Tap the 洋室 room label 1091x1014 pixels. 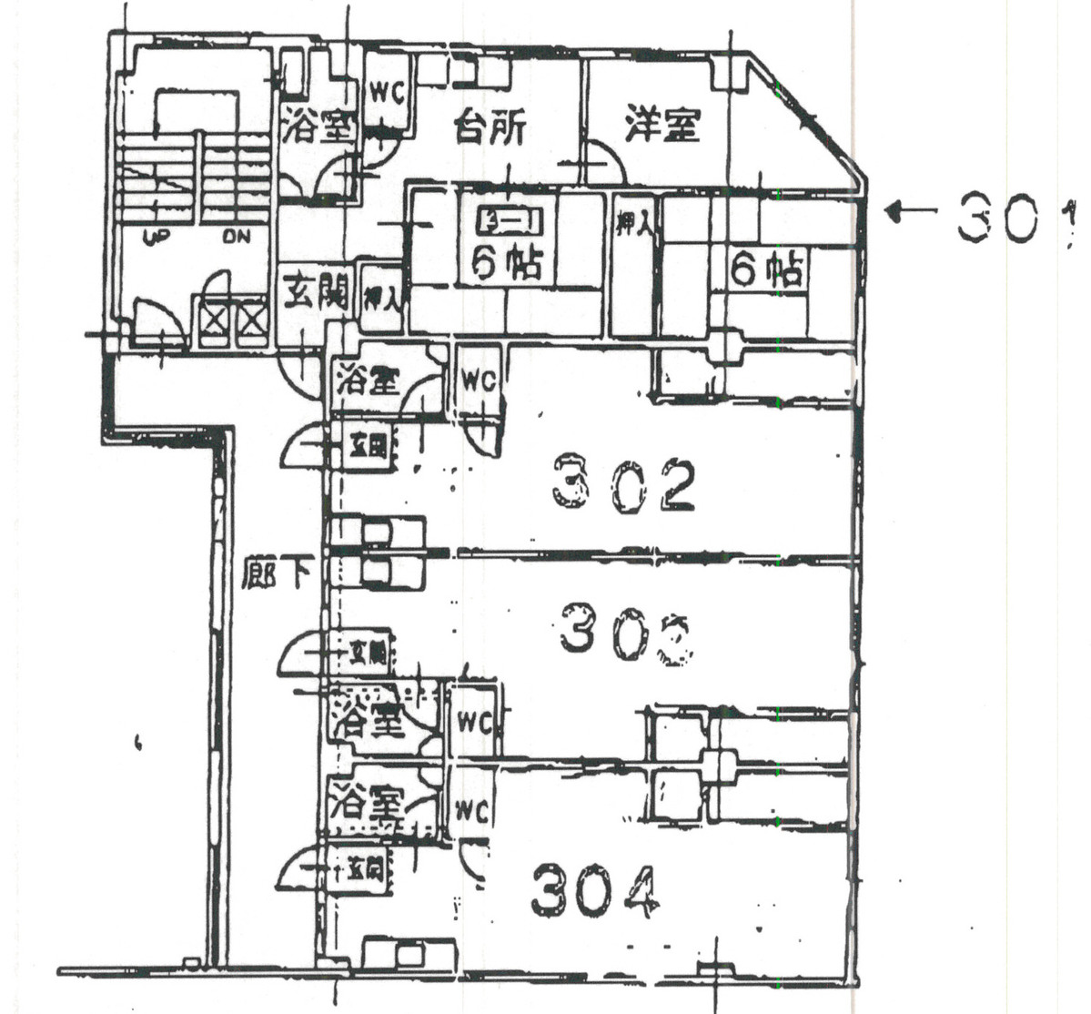click(662, 125)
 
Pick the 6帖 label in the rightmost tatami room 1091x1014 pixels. click(769, 270)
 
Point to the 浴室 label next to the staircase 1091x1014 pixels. click(316, 127)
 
